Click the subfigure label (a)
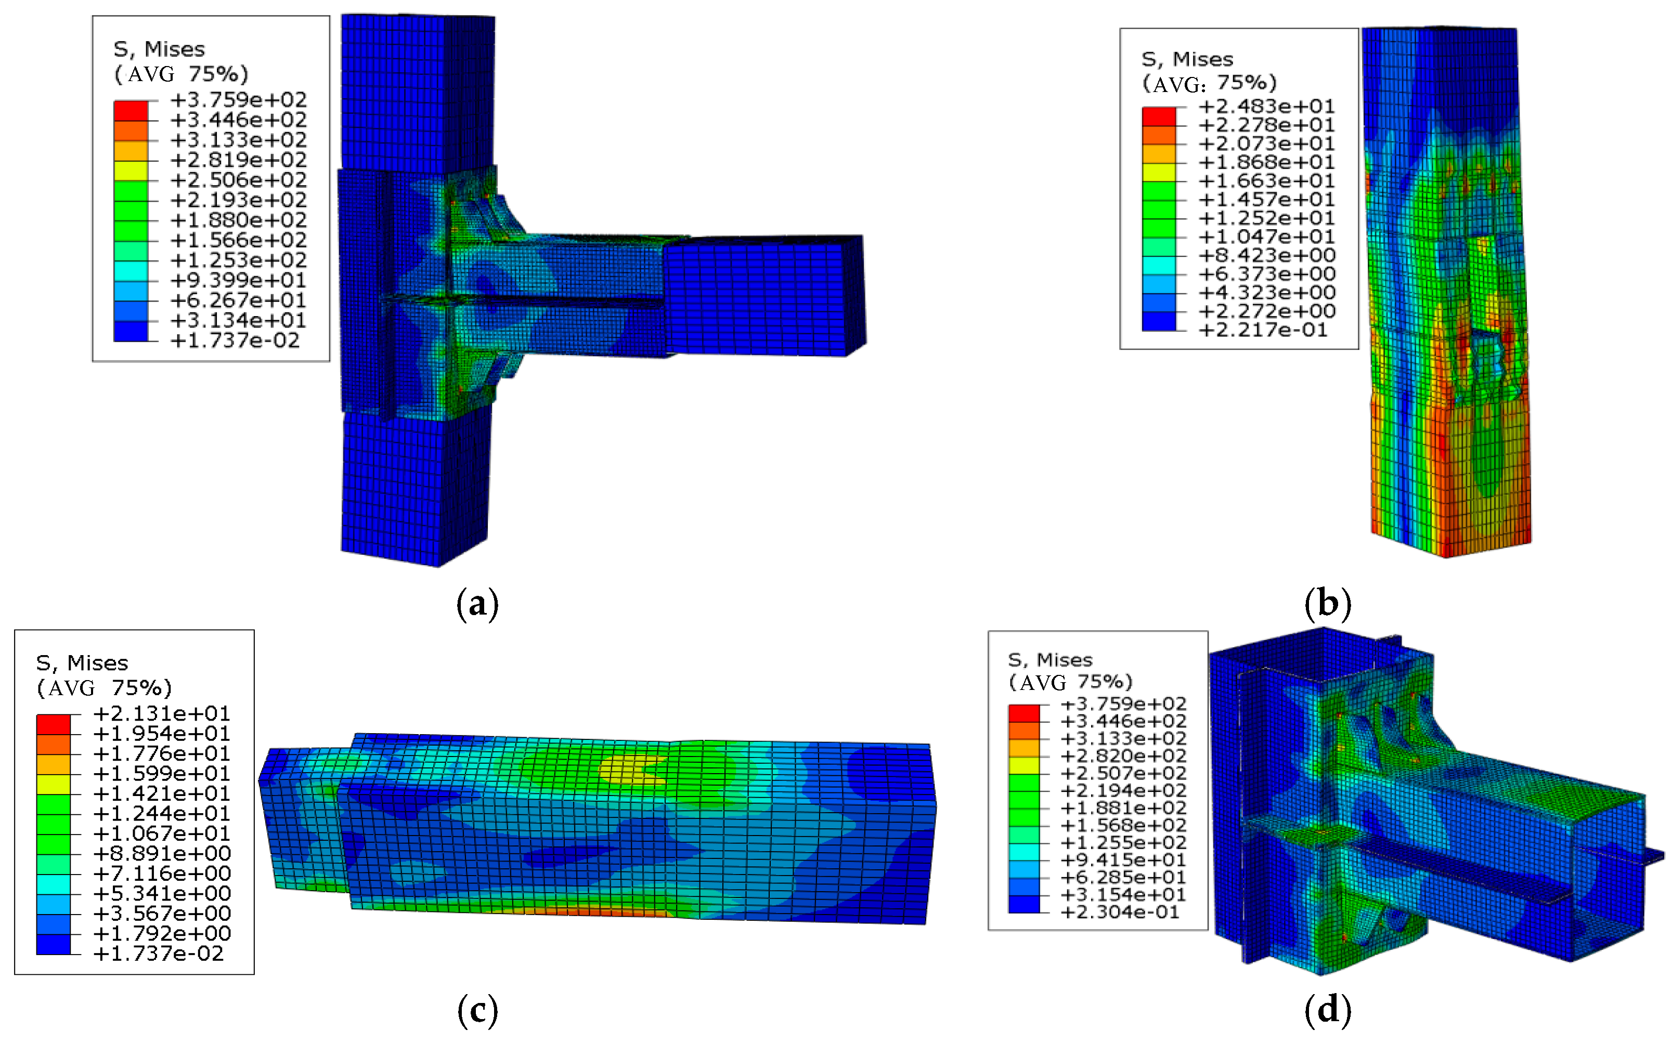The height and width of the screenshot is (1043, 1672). pyautogui.click(x=477, y=604)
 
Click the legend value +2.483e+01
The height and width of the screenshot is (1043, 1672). pyautogui.click(x=1266, y=106)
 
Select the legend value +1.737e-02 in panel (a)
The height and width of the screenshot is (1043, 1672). pyautogui.click(x=235, y=340)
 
